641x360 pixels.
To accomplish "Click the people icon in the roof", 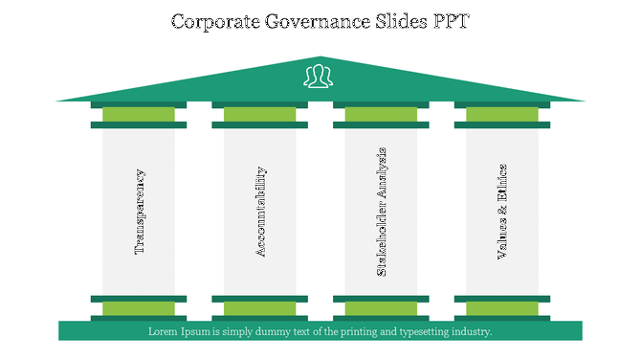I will tap(320, 76).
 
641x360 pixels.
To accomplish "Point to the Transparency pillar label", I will tap(140, 212).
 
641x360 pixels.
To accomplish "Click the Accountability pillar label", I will tap(260, 212).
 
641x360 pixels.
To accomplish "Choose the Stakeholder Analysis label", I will tap(382, 212).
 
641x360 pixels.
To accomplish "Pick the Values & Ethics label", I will tap(502, 212).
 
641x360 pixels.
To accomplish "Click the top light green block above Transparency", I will tap(139, 115).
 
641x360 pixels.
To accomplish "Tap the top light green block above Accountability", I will tap(260, 115).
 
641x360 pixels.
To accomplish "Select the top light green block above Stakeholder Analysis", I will tap(381, 115).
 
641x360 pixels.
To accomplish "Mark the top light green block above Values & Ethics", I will tap(502, 115).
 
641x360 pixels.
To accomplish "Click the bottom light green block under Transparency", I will tap(139, 308).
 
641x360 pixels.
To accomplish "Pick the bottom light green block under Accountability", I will tap(260, 308).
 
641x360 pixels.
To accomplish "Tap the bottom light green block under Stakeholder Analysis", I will tap(381, 308).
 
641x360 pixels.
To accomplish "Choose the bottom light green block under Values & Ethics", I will tap(502, 308).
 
